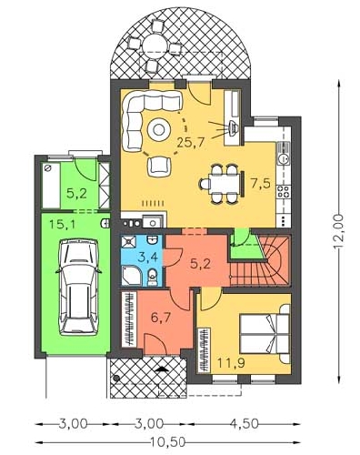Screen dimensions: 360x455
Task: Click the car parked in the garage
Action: point(79,287)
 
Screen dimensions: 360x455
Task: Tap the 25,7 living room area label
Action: point(191,142)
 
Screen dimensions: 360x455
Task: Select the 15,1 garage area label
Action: point(63,225)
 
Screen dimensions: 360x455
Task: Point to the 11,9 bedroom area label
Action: point(231,362)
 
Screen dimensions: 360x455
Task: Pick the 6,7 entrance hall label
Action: point(161,318)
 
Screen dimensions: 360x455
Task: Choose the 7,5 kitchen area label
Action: point(260,183)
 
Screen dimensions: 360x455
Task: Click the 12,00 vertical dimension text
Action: point(339,232)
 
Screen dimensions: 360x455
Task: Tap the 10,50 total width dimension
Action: point(167,442)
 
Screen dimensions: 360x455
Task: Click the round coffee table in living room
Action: point(158,129)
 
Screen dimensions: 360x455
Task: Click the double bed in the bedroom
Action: point(265,334)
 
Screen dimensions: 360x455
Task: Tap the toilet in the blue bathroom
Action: point(153,277)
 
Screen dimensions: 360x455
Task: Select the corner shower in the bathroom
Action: point(131,276)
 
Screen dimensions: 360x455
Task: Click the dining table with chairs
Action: point(224,183)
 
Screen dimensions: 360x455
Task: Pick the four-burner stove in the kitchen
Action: point(284,192)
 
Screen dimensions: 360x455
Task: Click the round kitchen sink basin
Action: point(285,158)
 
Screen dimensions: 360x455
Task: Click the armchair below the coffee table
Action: point(159,167)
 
